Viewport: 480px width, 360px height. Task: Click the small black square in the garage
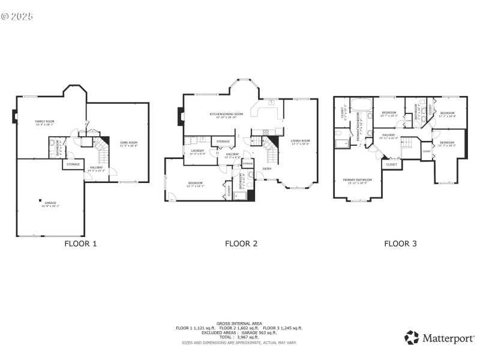click(x=40, y=200)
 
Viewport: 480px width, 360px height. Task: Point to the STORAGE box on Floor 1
click(x=73, y=164)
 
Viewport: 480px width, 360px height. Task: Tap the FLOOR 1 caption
click(x=80, y=244)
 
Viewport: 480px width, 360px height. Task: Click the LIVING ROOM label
click(x=300, y=142)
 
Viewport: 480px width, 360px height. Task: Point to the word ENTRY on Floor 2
click(x=267, y=169)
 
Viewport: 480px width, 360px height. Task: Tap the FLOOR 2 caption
click(x=241, y=244)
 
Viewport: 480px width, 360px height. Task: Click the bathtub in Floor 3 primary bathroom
click(x=361, y=104)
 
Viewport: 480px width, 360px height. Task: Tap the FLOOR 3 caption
click(x=400, y=244)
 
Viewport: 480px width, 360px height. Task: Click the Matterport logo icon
click(x=411, y=337)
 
